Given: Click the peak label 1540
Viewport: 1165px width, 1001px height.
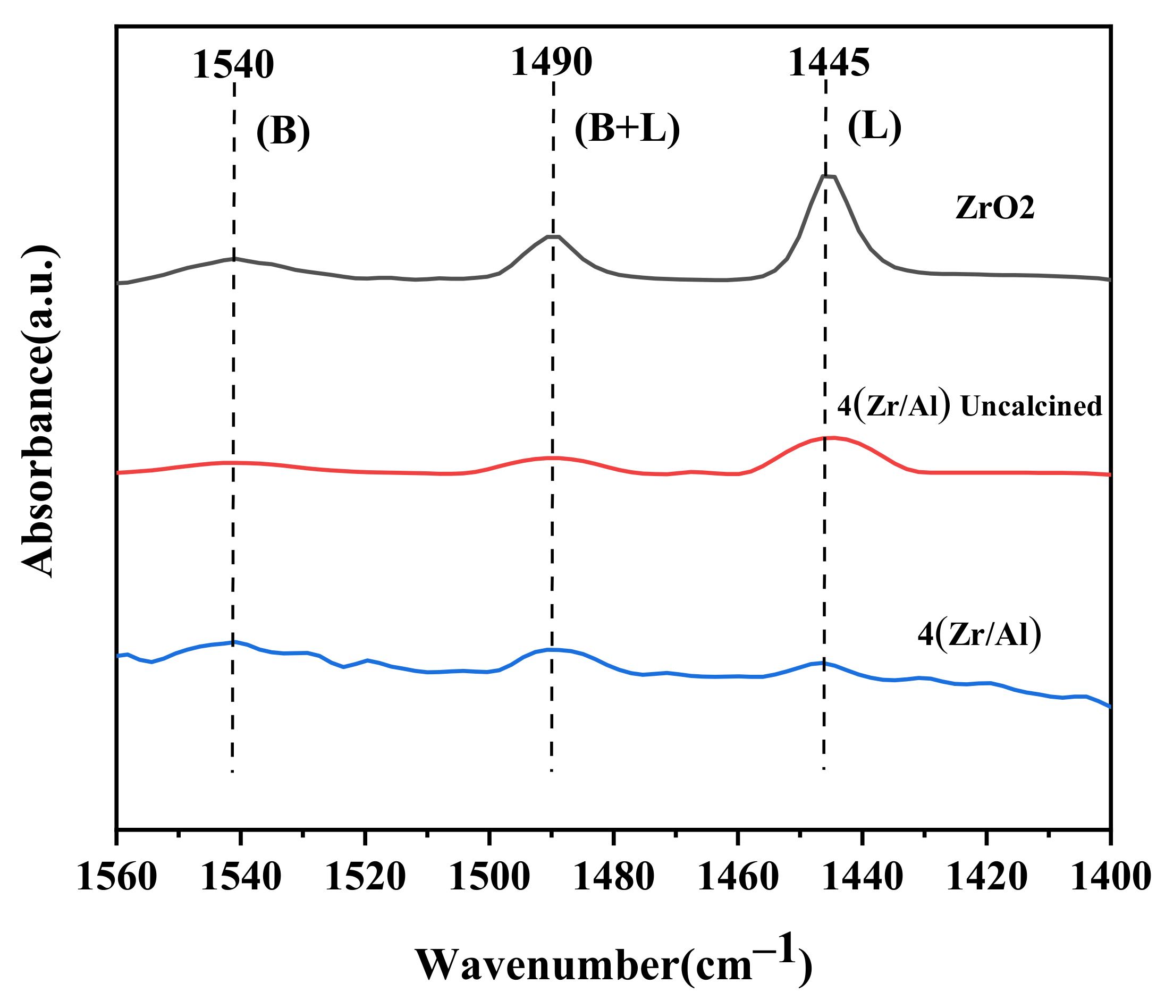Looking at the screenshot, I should tap(233, 65).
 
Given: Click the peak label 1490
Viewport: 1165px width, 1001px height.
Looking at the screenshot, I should tap(551, 62).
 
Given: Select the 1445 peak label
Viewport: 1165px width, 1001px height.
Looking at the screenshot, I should tap(828, 62).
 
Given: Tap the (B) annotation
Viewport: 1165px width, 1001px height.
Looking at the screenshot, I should tap(283, 133).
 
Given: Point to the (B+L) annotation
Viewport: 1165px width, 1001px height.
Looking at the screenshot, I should tap(627, 130).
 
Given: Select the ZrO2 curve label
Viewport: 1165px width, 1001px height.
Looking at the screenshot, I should tap(994, 208).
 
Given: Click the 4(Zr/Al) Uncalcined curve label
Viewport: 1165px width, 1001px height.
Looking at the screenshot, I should tap(969, 406).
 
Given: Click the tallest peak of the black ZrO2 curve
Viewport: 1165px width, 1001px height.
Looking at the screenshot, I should tap(829, 176).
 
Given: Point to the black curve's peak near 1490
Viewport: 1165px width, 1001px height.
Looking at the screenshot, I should tap(553, 236).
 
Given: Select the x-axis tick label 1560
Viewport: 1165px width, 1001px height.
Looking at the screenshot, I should tap(116, 877).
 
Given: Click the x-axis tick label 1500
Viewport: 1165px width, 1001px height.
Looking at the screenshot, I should tap(489, 877).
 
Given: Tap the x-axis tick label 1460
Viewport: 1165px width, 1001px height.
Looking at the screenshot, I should tap(738, 877).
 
